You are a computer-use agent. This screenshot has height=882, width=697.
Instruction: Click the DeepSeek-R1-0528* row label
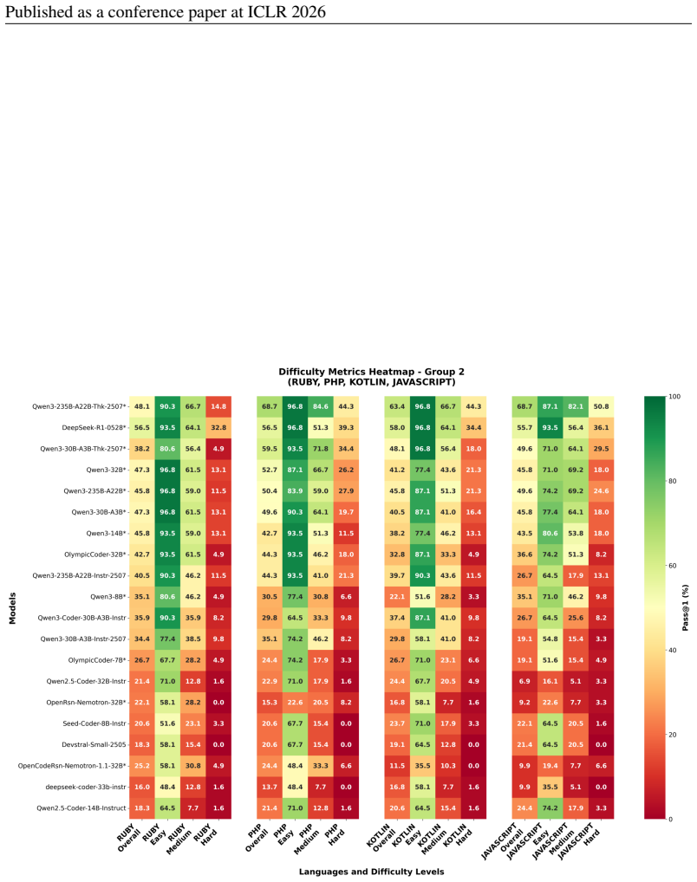coord(94,427)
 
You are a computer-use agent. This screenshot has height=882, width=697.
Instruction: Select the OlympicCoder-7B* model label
coord(97,660)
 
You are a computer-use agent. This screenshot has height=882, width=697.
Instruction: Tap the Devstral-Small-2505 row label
coord(94,745)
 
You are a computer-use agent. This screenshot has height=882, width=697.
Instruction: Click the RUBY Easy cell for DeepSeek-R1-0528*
coord(167,427)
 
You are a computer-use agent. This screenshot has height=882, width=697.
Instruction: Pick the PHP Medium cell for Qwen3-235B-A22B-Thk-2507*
coord(321,406)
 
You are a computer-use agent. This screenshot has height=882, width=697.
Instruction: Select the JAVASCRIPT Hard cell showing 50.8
coord(601,406)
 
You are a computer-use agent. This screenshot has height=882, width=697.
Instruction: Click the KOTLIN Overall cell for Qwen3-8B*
coord(397,597)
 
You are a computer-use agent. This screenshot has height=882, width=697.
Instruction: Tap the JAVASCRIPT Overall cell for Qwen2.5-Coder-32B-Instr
coord(524,681)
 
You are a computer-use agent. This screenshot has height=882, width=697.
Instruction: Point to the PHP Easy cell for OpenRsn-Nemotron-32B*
coord(295,703)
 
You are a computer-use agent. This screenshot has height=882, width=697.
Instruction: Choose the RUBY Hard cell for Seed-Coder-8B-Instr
coord(218,723)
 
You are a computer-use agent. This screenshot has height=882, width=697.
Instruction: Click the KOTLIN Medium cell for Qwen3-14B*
coord(448,533)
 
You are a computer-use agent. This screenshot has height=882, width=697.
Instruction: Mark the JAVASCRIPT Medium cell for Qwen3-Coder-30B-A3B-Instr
coord(576,618)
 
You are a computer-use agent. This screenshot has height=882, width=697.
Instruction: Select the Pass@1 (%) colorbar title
coord(685,607)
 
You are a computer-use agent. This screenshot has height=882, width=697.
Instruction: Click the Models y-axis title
coord(12,608)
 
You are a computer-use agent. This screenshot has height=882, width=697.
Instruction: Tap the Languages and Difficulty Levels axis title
coord(372,872)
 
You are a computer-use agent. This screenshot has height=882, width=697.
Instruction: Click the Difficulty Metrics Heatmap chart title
coord(372,376)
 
